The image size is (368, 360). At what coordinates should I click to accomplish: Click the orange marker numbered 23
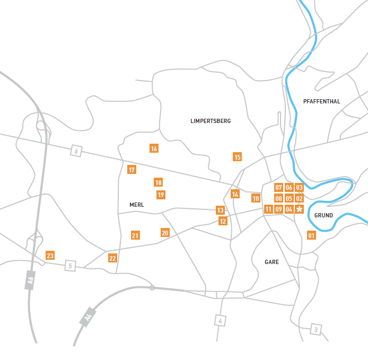[50, 256]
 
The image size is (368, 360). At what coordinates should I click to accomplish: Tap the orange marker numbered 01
[311, 235]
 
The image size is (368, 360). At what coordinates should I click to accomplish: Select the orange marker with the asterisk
[299, 209]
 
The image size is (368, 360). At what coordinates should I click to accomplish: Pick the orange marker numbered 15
[238, 157]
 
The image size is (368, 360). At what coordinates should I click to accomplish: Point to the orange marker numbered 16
[154, 148]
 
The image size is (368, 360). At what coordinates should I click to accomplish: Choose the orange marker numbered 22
[112, 258]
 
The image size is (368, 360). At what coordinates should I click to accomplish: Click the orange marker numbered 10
[256, 198]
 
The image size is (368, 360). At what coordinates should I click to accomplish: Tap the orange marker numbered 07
[278, 187]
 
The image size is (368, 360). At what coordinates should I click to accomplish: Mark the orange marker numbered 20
[165, 233]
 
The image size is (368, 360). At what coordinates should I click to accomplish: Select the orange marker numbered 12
[223, 221]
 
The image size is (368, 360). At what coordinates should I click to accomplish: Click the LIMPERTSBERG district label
[211, 121]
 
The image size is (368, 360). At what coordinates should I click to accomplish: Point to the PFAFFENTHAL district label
[322, 101]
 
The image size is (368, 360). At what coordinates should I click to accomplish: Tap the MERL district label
[137, 205]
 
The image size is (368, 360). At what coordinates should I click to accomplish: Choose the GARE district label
[271, 262]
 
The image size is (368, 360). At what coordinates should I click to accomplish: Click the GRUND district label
[323, 215]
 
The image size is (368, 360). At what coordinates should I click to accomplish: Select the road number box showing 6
[76, 152]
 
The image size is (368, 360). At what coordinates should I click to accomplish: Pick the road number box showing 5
[70, 265]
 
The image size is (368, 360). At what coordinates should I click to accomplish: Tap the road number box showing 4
[221, 320]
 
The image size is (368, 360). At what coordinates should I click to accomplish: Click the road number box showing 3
[316, 330]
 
